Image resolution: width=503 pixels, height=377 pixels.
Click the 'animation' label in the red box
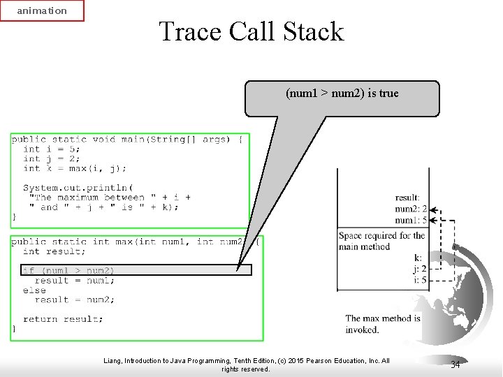[x=42, y=10]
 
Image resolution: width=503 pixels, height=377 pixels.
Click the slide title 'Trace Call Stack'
[x=251, y=31]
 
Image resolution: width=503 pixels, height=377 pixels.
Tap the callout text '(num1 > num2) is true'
[x=342, y=93]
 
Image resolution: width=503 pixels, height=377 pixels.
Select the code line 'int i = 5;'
[x=52, y=149]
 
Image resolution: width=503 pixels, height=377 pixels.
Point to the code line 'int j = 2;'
[x=52, y=158]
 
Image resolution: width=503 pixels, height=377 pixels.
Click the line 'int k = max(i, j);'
[x=75, y=168]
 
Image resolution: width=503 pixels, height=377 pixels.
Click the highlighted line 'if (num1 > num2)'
[x=68, y=270]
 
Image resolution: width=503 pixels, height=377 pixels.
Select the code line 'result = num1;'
[x=75, y=281]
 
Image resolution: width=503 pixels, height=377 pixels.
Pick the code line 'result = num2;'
[x=75, y=300]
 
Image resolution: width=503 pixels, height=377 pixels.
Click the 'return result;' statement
[x=63, y=319]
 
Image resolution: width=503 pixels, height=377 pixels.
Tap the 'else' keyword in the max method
[x=34, y=290]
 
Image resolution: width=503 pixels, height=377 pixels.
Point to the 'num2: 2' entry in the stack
[x=411, y=209]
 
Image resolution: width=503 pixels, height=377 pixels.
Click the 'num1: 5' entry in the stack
[x=411, y=220]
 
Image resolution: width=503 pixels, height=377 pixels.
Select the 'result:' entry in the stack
[x=407, y=198]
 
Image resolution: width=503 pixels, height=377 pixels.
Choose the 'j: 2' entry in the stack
[x=420, y=269]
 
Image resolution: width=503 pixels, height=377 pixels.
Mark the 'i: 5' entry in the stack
[x=420, y=280]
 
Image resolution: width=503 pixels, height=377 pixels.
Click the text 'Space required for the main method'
[x=381, y=241]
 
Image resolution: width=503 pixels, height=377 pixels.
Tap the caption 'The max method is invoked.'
[x=383, y=324]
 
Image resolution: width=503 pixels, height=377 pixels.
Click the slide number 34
[x=455, y=364]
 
